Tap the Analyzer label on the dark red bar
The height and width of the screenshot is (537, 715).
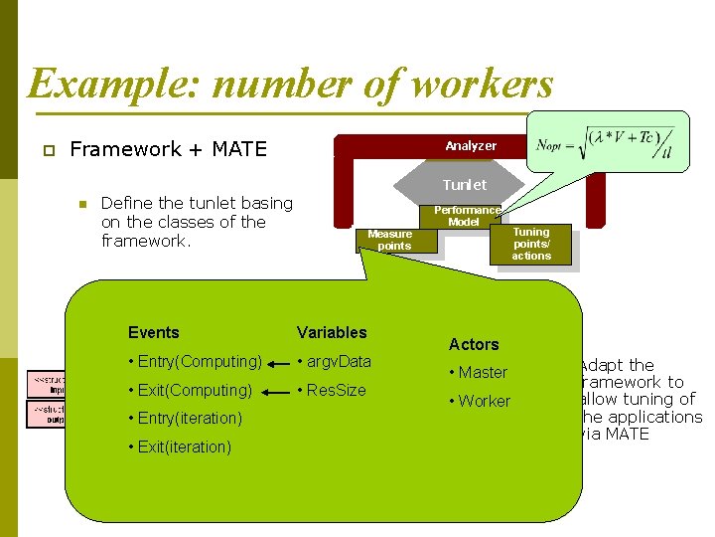coord(471,145)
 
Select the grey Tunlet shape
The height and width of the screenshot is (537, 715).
coord(464,185)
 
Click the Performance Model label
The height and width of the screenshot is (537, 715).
coord(466,216)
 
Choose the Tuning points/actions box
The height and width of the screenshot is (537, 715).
coord(531,244)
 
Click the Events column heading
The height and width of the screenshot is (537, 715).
coord(154,332)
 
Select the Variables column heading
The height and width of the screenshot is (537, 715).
coord(332,332)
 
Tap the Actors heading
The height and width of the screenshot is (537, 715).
coord(474,344)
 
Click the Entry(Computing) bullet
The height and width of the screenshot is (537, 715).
coord(196,362)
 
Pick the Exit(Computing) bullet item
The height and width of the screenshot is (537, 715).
coord(191,390)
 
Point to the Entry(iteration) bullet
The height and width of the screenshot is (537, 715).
coord(186,418)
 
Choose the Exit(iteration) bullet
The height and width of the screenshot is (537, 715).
coord(181,447)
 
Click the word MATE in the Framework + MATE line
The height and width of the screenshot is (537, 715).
coord(239,149)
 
